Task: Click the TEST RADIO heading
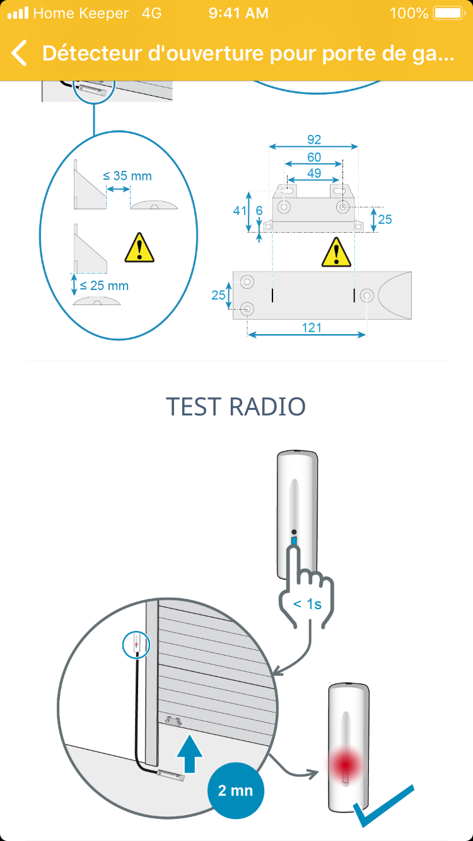point(236,407)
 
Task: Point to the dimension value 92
point(314,139)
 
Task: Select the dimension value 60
point(314,157)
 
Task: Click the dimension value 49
point(314,173)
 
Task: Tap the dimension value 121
point(312,327)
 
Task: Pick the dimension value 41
point(240,211)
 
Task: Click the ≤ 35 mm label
point(127,176)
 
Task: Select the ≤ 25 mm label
point(104,286)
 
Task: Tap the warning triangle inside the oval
point(139,248)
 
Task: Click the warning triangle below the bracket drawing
point(336,253)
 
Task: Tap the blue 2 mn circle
point(236,791)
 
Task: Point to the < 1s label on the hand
point(307,604)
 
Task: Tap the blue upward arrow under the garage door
point(190,751)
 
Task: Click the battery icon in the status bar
point(449,13)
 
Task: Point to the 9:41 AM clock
point(238,13)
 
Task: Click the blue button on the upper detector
point(294,540)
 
